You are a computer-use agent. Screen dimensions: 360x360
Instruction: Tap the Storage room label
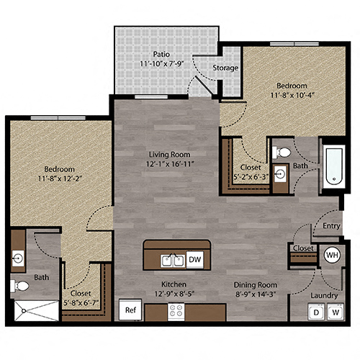coord(225,68)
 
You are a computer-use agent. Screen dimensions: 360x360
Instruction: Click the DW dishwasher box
coord(194,259)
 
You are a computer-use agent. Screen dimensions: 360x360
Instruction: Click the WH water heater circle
coord(332,255)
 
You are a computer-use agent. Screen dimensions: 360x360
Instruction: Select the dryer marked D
coord(315,312)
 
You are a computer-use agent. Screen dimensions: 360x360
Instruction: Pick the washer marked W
coord(336,312)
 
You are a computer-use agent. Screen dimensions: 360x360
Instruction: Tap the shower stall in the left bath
coord(35,311)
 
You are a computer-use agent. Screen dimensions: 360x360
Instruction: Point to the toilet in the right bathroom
coord(283,153)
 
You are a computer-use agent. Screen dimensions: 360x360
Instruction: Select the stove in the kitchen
coord(176,311)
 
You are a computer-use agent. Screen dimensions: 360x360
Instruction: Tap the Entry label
coord(331,225)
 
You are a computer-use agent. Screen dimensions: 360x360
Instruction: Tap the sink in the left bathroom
coord(19,257)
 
